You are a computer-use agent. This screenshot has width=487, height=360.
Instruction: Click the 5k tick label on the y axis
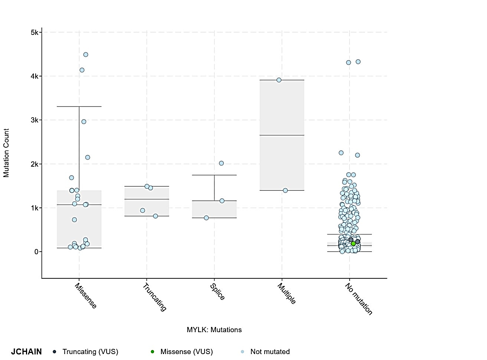tap(35, 33)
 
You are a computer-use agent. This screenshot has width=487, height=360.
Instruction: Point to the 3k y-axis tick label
tap(35, 120)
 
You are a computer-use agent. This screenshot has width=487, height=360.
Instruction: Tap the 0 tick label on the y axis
tap(36, 252)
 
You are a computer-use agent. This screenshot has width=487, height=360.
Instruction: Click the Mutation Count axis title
tap(6, 153)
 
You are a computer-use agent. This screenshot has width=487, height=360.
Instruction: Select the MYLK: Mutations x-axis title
tap(214, 330)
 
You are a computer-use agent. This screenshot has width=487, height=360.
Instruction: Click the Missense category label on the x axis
tap(86, 296)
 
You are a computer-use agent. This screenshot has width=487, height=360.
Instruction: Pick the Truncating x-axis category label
tap(154, 297)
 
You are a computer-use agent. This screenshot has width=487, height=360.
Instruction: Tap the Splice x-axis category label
tap(218, 292)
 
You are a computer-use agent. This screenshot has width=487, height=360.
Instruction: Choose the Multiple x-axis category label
tap(287, 294)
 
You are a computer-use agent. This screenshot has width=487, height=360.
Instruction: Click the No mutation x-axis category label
tap(359, 299)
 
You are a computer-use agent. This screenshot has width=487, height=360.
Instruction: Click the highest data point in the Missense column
tap(86, 55)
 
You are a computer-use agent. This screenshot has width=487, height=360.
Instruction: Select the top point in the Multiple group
tap(279, 80)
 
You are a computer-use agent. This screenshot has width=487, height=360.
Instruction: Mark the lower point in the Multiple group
tap(285, 190)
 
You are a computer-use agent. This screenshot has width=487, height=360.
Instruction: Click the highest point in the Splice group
tap(221, 163)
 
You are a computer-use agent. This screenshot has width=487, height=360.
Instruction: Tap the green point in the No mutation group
tap(353, 244)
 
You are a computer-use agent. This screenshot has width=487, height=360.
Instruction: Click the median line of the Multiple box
tap(282, 135)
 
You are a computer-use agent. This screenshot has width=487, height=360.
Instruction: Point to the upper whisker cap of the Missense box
tap(79, 107)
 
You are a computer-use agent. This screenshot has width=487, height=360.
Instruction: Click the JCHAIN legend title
tap(26, 352)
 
